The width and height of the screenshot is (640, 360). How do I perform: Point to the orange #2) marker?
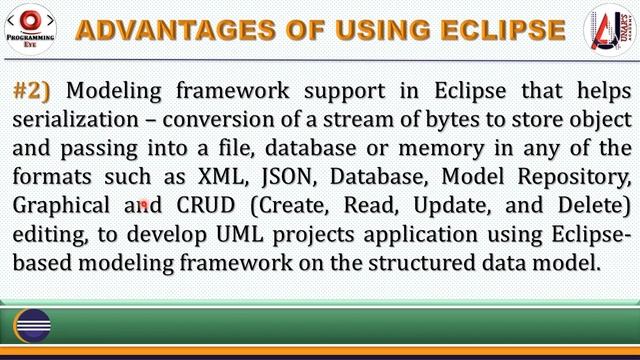click(x=32, y=91)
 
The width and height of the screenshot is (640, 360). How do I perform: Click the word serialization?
click(x=69, y=120)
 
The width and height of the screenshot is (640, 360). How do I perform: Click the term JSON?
click(x=283, y=178)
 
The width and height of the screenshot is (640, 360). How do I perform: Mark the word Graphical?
click(x=62, y=207)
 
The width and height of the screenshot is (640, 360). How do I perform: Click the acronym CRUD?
click(x=206, y=207)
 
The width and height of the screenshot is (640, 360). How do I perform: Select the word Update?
click(x=449, y=207)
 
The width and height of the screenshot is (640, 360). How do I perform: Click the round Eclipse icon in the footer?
click(x=32, y=325)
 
